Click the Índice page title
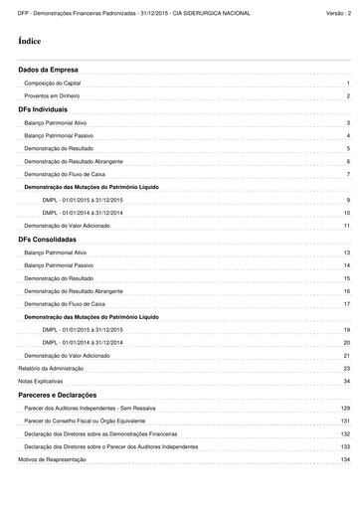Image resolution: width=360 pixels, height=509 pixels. (x=29, y=42)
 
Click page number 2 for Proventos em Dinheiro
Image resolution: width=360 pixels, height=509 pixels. (x=348, y=96)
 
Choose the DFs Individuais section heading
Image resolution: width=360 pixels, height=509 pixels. (x=43, y=108)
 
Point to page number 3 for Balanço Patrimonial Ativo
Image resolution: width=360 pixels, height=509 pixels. (x=348, y=122)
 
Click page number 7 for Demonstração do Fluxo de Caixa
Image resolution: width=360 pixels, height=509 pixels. (x=348, y=174)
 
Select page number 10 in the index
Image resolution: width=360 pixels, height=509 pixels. (x=347, y=213)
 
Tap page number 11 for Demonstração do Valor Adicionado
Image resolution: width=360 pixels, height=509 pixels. (x=347, y=226)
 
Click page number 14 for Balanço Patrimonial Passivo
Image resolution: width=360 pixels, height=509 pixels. (x=347, y=265)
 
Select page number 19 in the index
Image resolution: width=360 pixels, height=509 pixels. (x=347, y=329)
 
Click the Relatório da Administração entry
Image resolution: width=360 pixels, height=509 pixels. (x=51, y=368)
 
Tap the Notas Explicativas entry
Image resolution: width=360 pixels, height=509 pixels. (x=40, y=382)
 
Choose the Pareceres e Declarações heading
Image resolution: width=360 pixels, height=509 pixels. (x=57, y=395)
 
